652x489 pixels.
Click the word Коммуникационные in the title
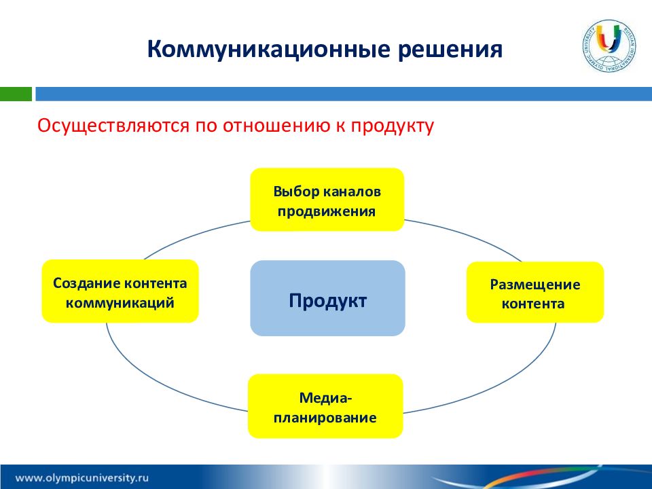click(x=269, y=50)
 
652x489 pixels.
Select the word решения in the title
click(x=450, y=50)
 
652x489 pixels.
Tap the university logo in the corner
click(x=609, y=46)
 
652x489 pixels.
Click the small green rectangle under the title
click(x=16, y=94)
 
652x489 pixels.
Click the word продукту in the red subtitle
click(x=392, y=126)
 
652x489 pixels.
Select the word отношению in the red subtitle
click(x=276, y=126)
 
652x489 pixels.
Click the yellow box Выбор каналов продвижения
click(x=327, y=200)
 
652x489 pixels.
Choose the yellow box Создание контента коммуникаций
click(x=120, y=291)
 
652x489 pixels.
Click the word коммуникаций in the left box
click(x=120, y=303)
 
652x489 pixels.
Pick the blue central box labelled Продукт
click(x=327, y=298)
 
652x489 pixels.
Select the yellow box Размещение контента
click(x=535, y=292)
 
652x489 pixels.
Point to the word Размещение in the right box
click(x=535, y=285)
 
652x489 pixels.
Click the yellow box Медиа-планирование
click(x=325, y=406)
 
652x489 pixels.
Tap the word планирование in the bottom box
click(x=325, y=418)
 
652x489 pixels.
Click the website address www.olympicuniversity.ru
click(x=82, y=477)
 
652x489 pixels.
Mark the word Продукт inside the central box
click(x=327, y=301)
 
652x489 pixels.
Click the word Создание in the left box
click(x=86, y=283)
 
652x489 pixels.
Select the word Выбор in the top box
click(x=296, y=192)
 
